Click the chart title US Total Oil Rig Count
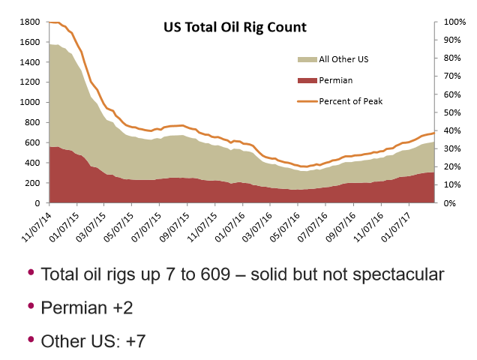tap(235, 28)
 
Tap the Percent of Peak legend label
tap(351, 100)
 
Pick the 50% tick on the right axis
tap(453, 112)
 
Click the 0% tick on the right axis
tap(451, 203)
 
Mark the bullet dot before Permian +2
tap(31, 304)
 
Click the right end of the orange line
tap(434, 133)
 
